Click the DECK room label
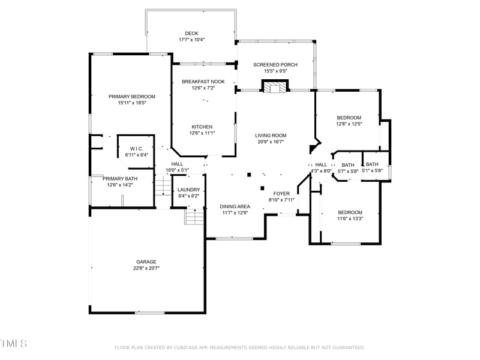[x=191, y=34]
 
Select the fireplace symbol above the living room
[x=275, y=87]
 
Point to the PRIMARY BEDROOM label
[x=132, y=97]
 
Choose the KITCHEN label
[x=202, y=127]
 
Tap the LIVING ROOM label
[x=271, y=136]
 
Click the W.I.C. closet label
[x=136, y=149]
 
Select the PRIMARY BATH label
[x=120, y=179]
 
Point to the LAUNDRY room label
[x=189, y=190]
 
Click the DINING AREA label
[x=235, y=206]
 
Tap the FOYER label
[x=281, y=194]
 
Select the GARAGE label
[x=146, y=262]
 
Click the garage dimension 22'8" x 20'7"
[x=146, y=268]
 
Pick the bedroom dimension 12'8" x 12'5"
[x=349, y=124]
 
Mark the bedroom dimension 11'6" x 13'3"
[x=350, y=219]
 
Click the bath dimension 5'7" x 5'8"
[x=348, y=172]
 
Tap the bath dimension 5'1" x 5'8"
[x=372, y=171]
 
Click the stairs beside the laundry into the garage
[x=193, y=216]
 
